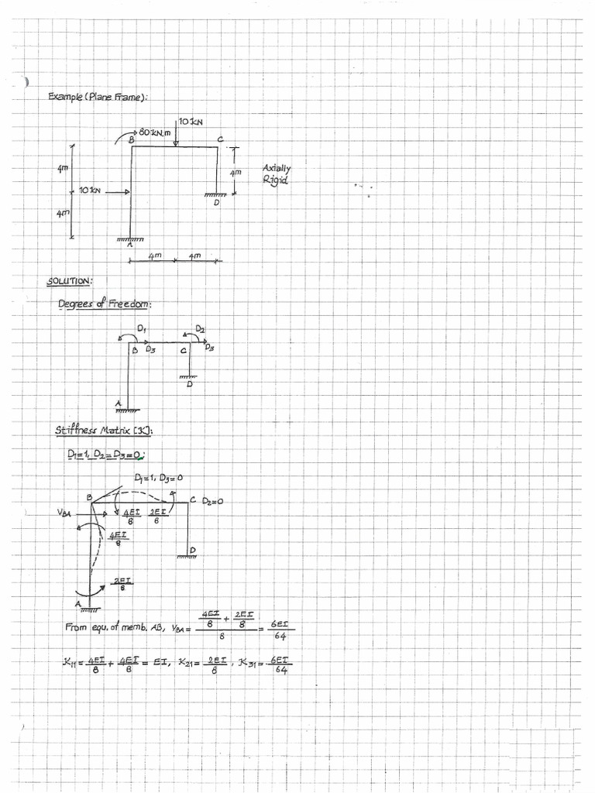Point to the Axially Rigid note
click(277, 173)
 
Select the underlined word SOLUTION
click(70, 280)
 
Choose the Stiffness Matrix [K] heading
click(108, 431)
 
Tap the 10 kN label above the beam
click(190, 122)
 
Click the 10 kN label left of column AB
click(89, 191)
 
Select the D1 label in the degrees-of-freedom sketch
click(142, 329)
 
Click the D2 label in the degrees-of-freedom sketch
click(200, 329)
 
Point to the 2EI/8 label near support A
click(122, 583)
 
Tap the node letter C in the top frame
click(221, 139)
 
